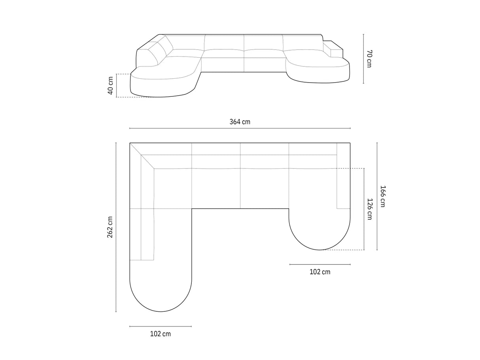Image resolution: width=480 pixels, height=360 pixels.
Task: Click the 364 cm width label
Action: [240, 122]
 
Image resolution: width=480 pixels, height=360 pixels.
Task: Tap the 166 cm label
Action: [382, 196]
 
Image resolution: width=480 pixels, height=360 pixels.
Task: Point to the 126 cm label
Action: [370, 209]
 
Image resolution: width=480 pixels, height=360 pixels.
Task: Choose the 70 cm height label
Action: [369, 58]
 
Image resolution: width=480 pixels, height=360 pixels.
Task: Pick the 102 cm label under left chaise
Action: [161, 334]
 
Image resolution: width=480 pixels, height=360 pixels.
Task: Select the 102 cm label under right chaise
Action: [320, 272]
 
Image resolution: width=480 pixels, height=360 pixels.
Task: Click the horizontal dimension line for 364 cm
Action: [240, 128]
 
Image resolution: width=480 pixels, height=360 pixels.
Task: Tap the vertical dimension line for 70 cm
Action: [363, 58]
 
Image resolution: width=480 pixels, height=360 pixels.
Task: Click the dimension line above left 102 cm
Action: [161, 326]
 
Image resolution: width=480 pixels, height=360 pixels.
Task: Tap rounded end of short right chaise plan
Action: [320, 239]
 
